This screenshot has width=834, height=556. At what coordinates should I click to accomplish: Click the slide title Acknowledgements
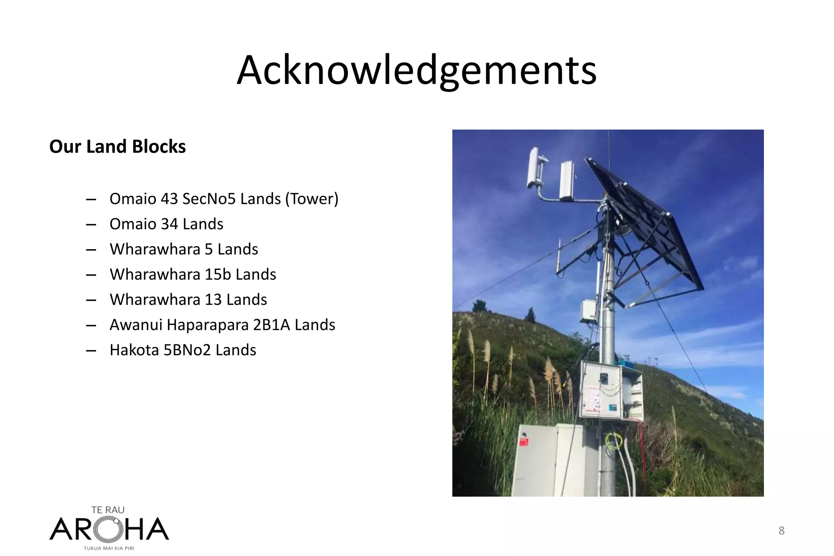click(416, 70)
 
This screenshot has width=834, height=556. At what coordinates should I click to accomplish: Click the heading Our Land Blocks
click(117, 147)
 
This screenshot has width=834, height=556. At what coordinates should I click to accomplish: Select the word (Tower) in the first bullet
click(312, 199)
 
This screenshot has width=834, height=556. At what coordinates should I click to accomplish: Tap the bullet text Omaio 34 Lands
click(166, 224)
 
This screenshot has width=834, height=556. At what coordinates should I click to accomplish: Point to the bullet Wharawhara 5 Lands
click(184, 249)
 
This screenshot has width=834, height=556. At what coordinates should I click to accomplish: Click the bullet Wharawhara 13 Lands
click(188, 300)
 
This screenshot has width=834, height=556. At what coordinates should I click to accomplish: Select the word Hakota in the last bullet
click(134, 350)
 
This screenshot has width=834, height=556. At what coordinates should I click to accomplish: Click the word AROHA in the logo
click(109, 529)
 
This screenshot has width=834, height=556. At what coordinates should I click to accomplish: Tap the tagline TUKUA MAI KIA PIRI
click(109, 548)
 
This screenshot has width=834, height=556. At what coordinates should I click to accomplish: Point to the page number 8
click(781, 530)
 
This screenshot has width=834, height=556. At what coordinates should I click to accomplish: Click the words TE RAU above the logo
click(108, 510)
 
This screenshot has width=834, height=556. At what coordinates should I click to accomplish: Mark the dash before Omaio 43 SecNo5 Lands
click(91, 199)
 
